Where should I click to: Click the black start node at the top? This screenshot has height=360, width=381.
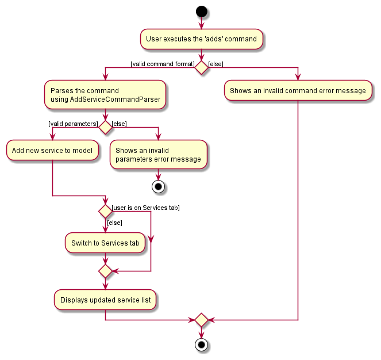point(201,11)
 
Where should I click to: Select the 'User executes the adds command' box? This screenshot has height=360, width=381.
point(202,39)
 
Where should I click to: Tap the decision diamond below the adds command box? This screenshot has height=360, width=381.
point(201,68)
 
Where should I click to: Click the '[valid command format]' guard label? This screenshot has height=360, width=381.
point(163,64)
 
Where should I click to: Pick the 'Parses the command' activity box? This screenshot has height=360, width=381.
point(105,95)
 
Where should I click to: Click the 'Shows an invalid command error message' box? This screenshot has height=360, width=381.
point(298,91)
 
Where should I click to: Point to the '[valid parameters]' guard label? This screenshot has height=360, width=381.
point(73,124)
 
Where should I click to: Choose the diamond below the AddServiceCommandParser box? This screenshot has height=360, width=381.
point(105,127)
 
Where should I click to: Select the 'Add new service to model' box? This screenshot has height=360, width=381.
point(52,151)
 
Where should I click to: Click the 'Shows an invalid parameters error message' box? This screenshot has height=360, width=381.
point(157,155)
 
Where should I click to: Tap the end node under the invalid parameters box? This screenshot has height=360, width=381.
point(157,186)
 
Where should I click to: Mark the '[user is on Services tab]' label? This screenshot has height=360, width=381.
point(145,208)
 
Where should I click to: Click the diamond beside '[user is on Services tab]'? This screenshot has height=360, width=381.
point(105,211)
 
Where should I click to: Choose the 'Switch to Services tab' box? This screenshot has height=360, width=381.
point(105,243)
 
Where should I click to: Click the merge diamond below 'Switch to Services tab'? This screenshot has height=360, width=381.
point(105,270)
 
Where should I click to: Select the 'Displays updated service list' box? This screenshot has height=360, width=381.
point(105,300)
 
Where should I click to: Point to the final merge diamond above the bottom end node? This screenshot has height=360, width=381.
point(201,320)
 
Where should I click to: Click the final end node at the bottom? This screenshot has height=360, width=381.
point(201,346)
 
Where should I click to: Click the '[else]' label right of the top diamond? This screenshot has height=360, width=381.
point(216,64)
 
